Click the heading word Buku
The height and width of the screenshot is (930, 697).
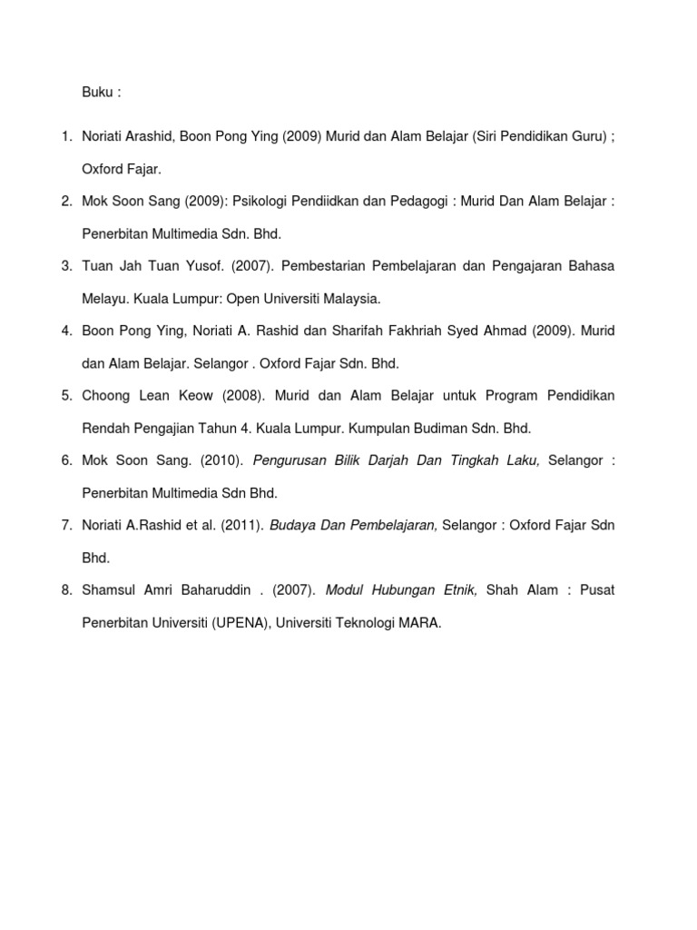click(96, 93)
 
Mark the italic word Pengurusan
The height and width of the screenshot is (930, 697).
click(289, 460)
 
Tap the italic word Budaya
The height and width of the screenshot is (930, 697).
click(292, 525)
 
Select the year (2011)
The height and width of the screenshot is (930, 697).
click(238, 525)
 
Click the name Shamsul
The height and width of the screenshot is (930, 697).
click(109, 589)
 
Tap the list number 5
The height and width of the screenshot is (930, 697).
click(65, 395)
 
